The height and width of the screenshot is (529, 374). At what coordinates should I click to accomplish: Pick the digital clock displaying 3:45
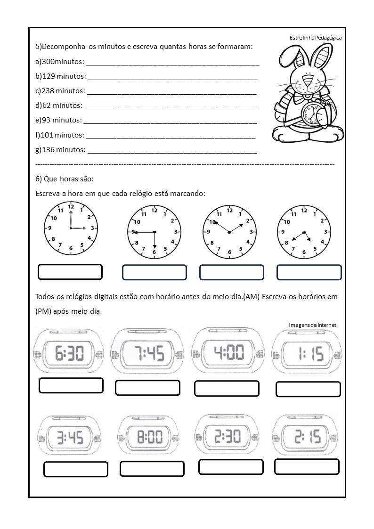[x=70, y=438]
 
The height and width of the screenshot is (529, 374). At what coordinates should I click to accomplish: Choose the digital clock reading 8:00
[x=149, y=438]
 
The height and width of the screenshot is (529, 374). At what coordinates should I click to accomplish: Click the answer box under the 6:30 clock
[x=71, y=385]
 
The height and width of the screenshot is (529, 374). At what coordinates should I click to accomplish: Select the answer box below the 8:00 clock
[x=152, y=469]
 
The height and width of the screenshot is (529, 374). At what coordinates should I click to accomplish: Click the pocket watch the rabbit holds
[x=312, y=115]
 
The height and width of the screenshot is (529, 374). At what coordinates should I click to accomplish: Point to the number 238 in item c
[x=48, y=91]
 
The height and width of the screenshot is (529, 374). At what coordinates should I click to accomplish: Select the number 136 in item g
[x=49, y=150]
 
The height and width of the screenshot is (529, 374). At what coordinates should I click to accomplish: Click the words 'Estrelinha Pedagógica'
[x=316, y=38]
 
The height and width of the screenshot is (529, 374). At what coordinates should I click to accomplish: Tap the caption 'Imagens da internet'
[x=312, y=325]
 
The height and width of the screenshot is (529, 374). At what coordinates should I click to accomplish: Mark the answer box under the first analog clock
[x=70, y=272]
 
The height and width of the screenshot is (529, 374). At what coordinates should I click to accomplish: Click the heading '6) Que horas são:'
[x=65, y=179]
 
